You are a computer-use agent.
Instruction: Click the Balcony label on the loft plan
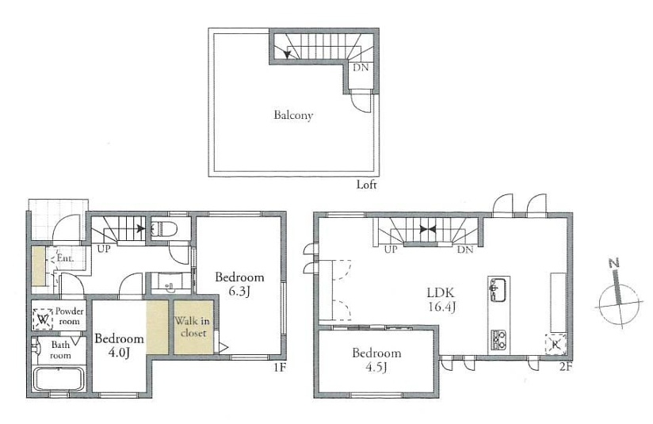click(x=293, y=116)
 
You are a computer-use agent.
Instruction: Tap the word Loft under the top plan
click(x=366, y=185)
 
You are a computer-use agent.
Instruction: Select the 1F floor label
click(x=280, y=368)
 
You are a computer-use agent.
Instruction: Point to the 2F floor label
click(x=566, y=368)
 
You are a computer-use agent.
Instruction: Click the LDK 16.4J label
click(x=441, y=300)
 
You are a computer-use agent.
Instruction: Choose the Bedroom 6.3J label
click(x=239, y=284)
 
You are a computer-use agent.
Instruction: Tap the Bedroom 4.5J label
click(x=376, y=360)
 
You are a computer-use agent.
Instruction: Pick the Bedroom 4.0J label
click(x=119, y=346)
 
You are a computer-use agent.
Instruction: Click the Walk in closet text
click(x=192, y=327)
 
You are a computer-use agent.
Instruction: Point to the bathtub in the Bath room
click(x=59, y=379)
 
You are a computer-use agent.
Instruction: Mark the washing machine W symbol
click(x=43, y=319)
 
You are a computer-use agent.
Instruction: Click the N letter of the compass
click(x=613, y=263)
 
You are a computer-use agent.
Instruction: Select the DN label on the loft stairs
click(x=361, y=67)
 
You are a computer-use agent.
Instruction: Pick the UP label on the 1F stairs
click(x=104, y=250)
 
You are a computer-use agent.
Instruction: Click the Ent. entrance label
click(x=65, y=258)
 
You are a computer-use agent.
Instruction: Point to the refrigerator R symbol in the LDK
click(x=556, y=344)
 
